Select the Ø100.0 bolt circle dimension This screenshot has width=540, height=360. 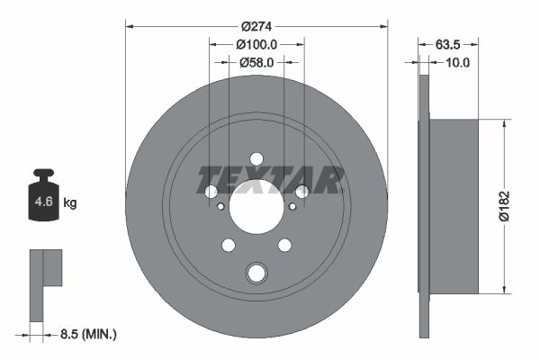[x=256, y=43]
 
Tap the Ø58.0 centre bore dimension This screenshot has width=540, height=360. [x=256, y=62]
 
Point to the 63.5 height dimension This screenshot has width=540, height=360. [x=449, y=43]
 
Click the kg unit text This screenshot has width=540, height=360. [x=70, y=203]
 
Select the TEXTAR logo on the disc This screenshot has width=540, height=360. [x=270, y=180]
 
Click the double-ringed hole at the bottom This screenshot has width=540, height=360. [x=256, y=273]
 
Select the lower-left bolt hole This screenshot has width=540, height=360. [x=229, y=244]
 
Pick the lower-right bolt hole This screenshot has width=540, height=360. [x=284, y=244]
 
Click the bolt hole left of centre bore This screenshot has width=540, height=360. [x=211, y=192]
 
